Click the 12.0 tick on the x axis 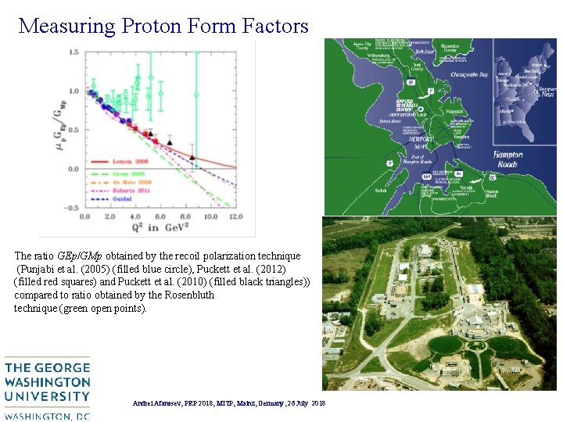[235, 216]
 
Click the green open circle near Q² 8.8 [196, 95]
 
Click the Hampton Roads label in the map [508, 159]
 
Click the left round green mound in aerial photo [446, 345]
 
